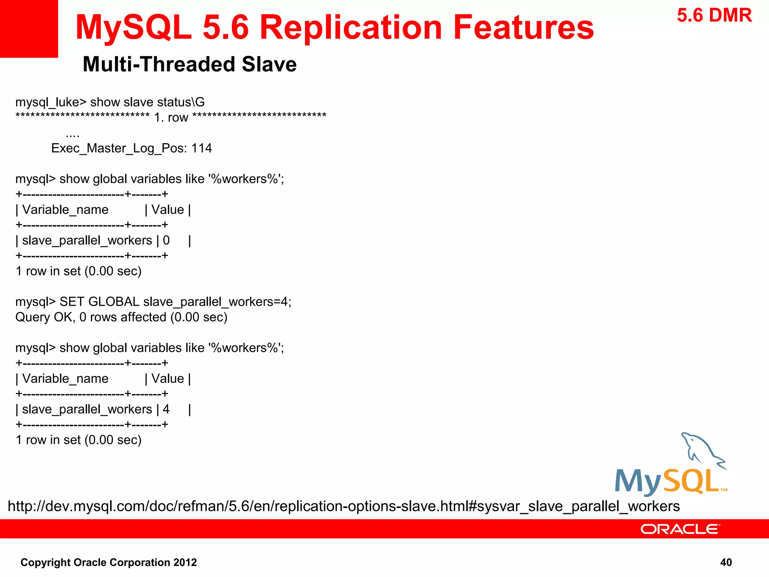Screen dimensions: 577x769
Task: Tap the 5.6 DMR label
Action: click(714, 16)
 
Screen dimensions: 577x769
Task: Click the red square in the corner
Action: click(29, 29)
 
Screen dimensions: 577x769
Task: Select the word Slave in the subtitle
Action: click(269, 64)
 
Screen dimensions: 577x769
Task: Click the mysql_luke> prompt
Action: click(51, 102)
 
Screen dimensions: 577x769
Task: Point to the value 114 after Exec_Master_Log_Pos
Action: click(202, 148)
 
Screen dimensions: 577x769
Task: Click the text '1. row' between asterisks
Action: click(171, 118)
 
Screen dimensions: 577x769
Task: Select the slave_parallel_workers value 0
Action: click(166, 240)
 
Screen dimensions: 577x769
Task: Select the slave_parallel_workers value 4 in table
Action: click(166, 409)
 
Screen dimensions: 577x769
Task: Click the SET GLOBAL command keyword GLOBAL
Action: click(114, 302)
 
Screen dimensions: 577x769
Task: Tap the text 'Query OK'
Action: click(44, 317)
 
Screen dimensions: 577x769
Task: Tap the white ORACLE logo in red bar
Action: click(680, 529)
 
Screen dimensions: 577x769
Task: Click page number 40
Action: click(726, 562)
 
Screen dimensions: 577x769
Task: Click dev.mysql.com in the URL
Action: click(92, 506)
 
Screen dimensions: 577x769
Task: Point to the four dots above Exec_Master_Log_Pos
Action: click(72, 135)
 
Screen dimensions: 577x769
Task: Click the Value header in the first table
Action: click(167, 210)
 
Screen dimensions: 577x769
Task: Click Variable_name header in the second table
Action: click(65, 379)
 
